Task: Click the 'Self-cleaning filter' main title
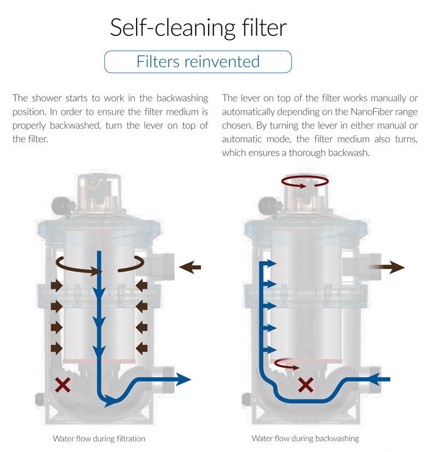pyautogui.click(x=198, y=27)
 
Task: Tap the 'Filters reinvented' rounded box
pyautogui.click(x=198, y=62)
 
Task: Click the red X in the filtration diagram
pyautogui.click(x=63, y=385)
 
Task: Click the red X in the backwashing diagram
pyautogui.click(x=306, y=385)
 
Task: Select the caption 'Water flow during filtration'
pyautogui.click(x=99, y=439)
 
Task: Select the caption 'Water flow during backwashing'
pyautogui.click(x=305, y=439)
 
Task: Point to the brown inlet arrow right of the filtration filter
pyautogui.click(x=190, y=267)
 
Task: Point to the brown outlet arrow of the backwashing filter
pyautogui.click(x=387, y=267)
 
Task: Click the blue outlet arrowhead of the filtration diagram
pyautogui.click(x=183, y=379)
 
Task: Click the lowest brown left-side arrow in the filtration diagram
pyautogui.click(x=57, y=349)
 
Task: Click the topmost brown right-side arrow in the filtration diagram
pyautogui.click(x=142, y=286)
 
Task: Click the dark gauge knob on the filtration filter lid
pyautogui.click(x=62, y=205)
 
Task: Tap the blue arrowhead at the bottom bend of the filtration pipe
pyautogui.click(x=111, y=401)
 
